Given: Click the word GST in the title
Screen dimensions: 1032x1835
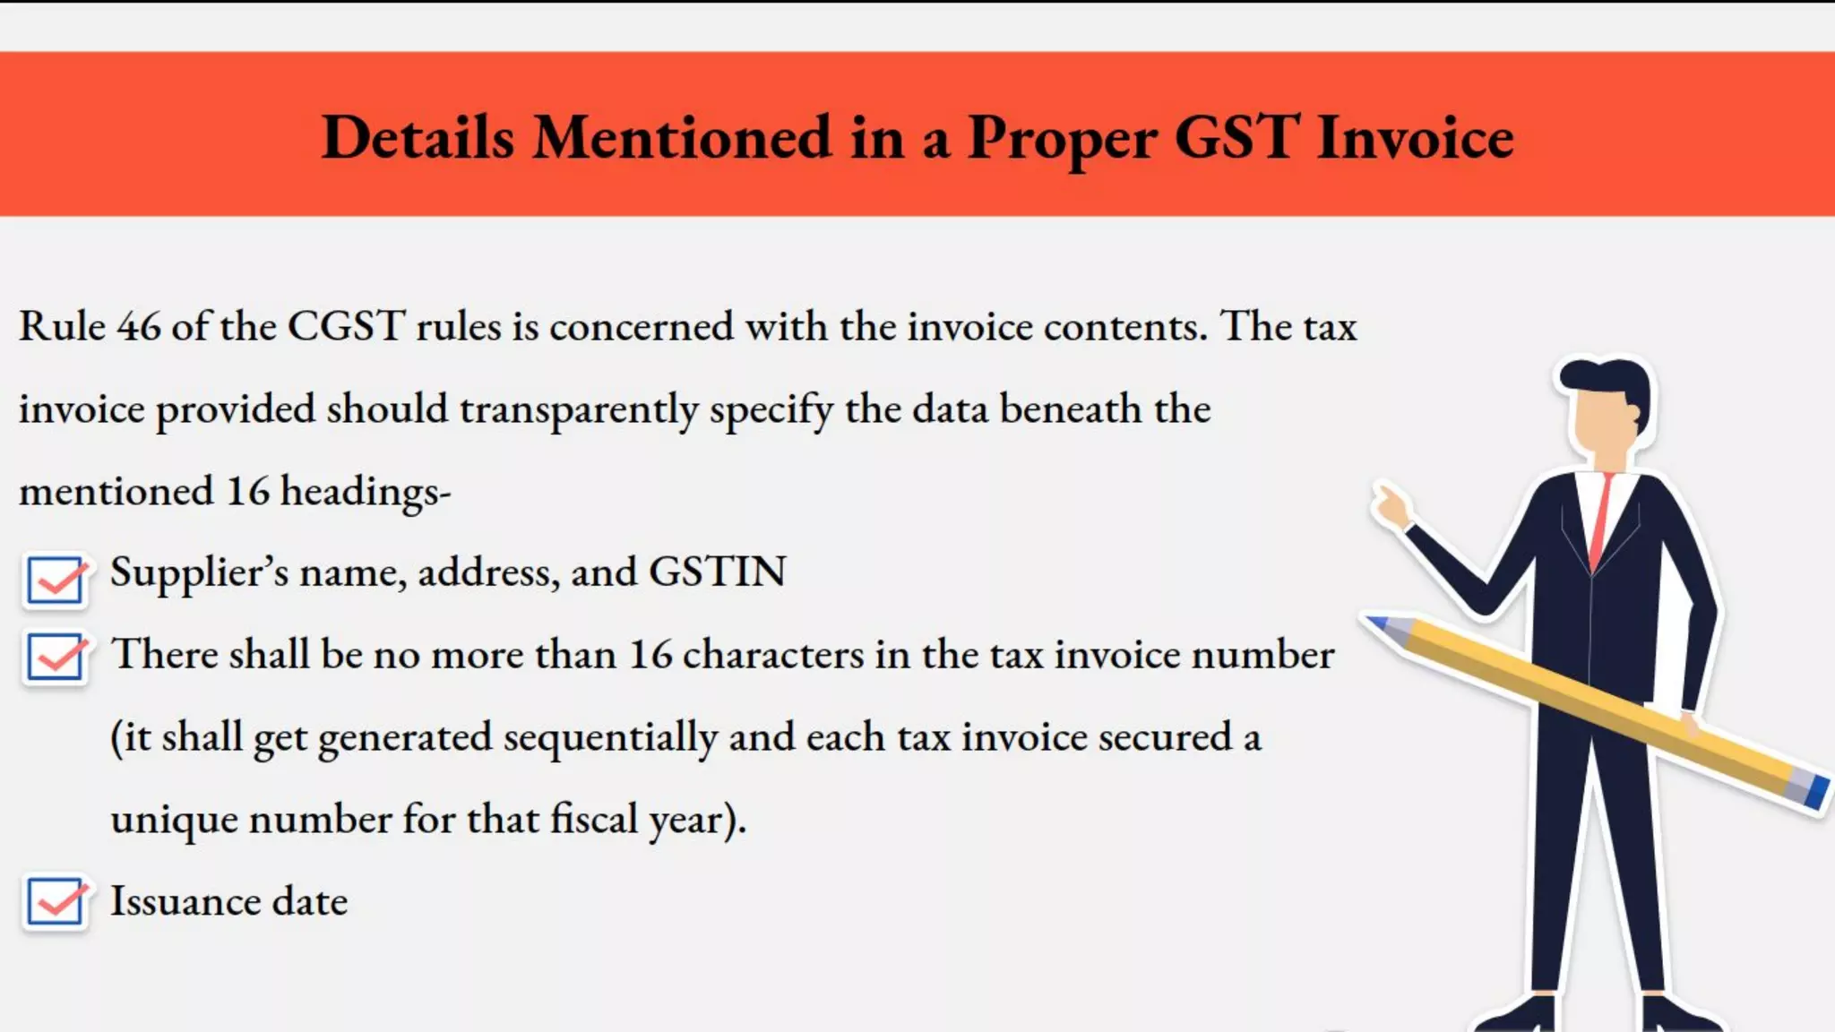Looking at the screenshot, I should [1236, 139].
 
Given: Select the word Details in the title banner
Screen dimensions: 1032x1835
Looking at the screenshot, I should [418, 139].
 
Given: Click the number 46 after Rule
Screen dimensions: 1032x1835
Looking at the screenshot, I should [139, 326].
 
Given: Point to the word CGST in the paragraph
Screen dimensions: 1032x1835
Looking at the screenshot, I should [346, 326].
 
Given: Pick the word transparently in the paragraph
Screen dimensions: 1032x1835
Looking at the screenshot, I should [579, 410].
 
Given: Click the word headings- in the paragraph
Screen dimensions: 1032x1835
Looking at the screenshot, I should [366, 492].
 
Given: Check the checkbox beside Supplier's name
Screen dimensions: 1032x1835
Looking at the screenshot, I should [56, 580].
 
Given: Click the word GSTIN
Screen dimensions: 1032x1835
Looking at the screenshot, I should [717, 572].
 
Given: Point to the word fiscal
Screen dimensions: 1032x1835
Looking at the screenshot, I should [593, 819].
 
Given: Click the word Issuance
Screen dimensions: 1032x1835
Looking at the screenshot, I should [185, 901].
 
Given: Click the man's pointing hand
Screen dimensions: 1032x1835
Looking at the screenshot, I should [1391, 507].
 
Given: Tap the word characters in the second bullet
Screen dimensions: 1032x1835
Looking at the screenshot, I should [773, 655].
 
